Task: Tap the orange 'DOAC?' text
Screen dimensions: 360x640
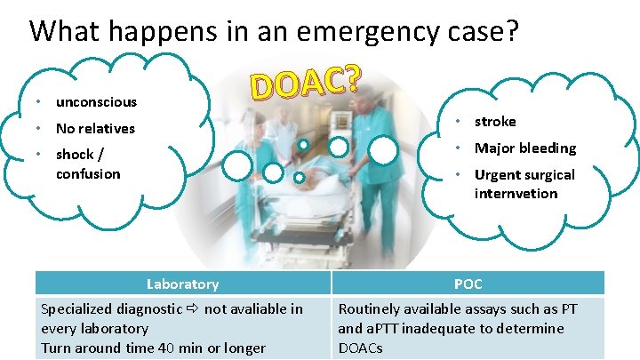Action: [306, 82]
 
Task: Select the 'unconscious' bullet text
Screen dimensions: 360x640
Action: [96, 101]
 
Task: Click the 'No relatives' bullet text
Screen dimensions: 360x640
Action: [95, 128]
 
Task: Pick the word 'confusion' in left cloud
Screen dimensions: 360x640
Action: [88, 173]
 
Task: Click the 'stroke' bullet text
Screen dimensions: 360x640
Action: [495, 121]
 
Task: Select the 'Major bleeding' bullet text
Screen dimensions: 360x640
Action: [525, 148]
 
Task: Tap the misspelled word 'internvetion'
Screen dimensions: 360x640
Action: [516, 193]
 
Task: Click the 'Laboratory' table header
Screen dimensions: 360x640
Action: [182, 284]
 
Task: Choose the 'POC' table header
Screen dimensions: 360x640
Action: [468, 284]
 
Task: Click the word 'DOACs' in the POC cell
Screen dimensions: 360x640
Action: [361, 348]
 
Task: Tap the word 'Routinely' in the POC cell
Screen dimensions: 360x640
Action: [369, 308]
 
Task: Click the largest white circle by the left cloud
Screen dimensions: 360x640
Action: [239, 164]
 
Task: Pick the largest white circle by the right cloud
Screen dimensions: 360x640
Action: [383, 150]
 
